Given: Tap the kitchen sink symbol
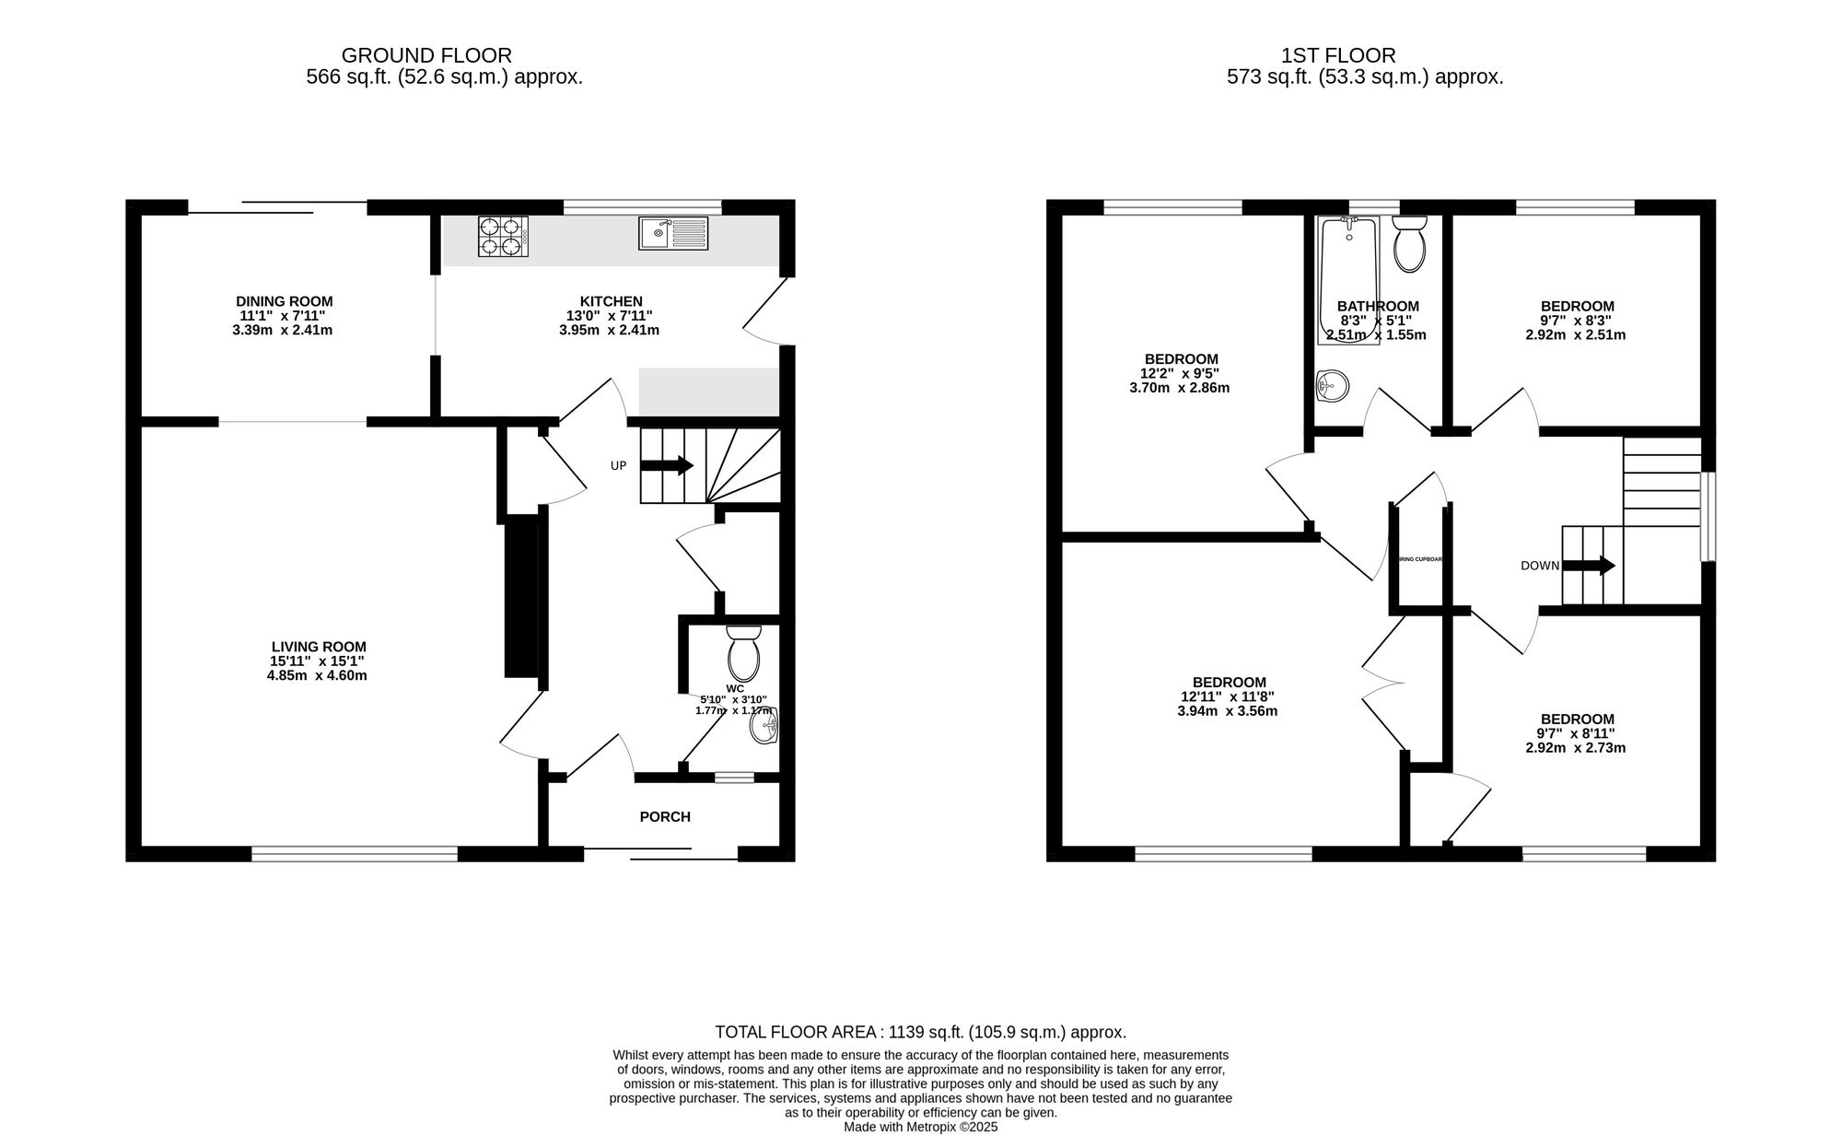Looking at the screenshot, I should (x=673, y=234).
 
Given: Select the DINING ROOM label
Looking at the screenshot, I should (x=284, y=301).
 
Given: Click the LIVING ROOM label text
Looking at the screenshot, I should (x=319, y=647).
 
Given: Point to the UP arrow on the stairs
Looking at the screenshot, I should (x=667, y=465).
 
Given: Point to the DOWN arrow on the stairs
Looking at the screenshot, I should (x=1589, y=566).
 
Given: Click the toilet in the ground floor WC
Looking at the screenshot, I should (x=742, y=653).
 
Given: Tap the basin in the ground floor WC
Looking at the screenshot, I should (x=764, y=727).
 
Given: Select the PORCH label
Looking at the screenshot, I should (x=665, y=816).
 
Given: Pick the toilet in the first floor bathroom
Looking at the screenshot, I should (x=1409, y=243).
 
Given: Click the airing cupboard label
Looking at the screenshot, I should (x=1420, y=559).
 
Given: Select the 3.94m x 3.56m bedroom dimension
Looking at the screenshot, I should (x=1228, y=711).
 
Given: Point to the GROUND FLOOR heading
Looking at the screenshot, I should (x=426, y=56).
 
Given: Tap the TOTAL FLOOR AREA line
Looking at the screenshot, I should (x=920, y=1033).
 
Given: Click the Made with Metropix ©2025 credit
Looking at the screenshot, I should (x=920, y=1127).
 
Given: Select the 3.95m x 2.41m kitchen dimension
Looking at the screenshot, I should (x=609, y=330).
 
